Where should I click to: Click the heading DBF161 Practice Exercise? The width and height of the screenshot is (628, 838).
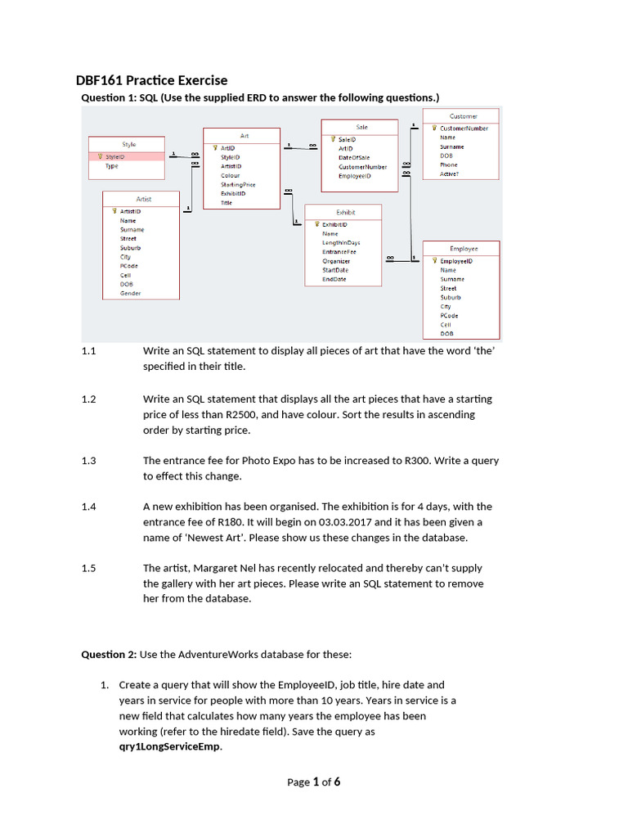[x=151, y=80]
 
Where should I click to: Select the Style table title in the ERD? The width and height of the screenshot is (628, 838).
[x=129, y=144]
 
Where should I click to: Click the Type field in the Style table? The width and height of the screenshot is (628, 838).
[x=112, y=166]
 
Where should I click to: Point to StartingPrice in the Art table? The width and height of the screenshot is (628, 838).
[x=238, y=185]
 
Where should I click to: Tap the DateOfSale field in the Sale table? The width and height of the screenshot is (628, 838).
[x=354, y=157]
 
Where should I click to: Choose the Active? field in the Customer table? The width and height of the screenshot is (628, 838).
[x=450, y=173]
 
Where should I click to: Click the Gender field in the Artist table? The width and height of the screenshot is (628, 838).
[x=131, y=293]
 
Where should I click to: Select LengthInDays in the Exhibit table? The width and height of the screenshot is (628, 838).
[x=341, y=243]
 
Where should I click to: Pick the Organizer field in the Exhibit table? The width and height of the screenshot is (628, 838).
[x=336, y=261]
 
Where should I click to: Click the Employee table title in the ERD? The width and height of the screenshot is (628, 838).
[x=464, y=248]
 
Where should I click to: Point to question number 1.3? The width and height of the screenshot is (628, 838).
[x=89, y=461]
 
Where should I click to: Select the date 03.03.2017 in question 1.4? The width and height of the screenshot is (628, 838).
[x=375, y=522]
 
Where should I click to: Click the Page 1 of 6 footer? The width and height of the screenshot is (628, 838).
[x=313, y=782]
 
